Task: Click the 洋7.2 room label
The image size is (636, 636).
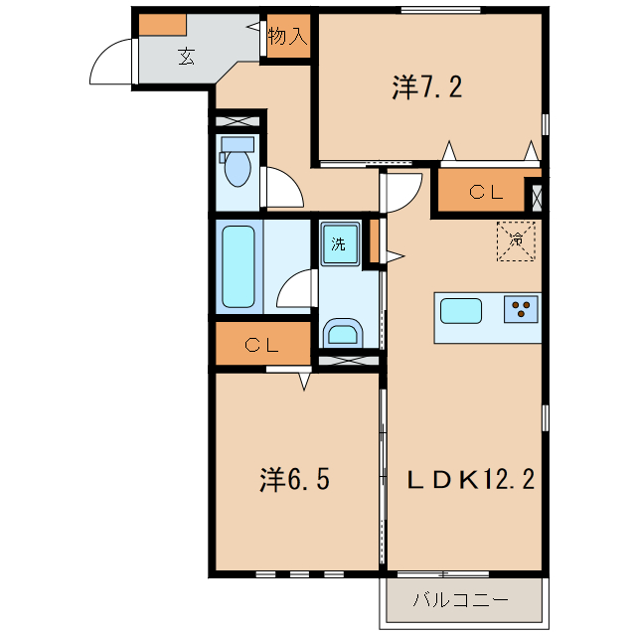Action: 427,88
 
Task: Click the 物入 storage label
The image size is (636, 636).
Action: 288,38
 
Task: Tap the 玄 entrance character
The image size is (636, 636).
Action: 186,56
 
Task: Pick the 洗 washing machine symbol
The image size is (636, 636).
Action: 339,244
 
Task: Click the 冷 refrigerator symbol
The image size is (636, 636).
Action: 517,239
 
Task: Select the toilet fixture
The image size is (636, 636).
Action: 238,165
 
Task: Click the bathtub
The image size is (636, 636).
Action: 239,266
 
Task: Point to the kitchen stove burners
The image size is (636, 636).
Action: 522,310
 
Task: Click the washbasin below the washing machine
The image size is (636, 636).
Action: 344,332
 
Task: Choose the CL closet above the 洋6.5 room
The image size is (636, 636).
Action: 261,346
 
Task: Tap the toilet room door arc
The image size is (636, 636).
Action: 281,186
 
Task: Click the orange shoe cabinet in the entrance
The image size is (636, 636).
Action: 161,25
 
